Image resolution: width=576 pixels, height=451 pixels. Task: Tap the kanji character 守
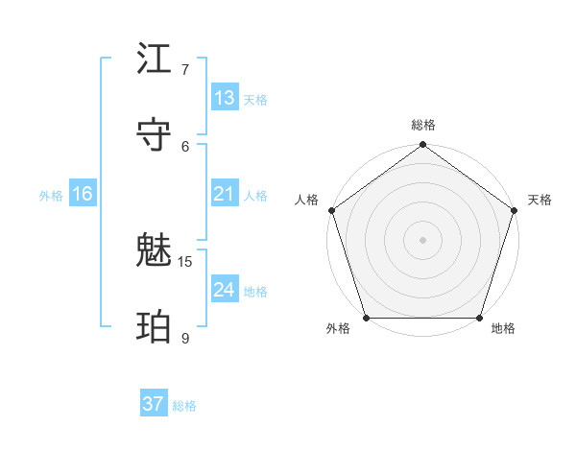[x=155, y=135]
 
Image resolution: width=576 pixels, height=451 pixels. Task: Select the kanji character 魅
[x=155, y=251]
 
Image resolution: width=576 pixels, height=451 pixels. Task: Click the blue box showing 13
[x=225, y=98]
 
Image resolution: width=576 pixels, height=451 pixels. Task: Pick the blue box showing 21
[x=225, y=194]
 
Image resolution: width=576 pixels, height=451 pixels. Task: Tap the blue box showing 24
[x=225, y=290]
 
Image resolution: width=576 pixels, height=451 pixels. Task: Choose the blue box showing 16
[x=83, y=194]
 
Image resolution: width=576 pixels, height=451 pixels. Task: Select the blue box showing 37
[x=154, y=404]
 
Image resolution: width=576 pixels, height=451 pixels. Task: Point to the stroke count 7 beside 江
[x=185, y=70]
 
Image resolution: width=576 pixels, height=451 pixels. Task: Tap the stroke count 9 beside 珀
[x=185, y=338]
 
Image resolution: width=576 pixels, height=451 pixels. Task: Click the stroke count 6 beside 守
[x=185, y=146]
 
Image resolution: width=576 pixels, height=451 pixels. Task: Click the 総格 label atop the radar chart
[x=422, y=125]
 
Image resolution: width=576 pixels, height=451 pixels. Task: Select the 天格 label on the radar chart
[x=540, y=200]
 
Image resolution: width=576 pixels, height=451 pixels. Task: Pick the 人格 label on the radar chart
[x=306, y=200]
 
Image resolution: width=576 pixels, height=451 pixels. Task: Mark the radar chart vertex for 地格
[x=480, y=318]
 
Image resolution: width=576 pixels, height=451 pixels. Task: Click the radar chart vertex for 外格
[x=366, y=318]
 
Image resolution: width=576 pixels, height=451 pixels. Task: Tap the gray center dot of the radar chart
[x=422, y=239]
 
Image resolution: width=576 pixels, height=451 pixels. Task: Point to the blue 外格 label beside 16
[x=51, y=196]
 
